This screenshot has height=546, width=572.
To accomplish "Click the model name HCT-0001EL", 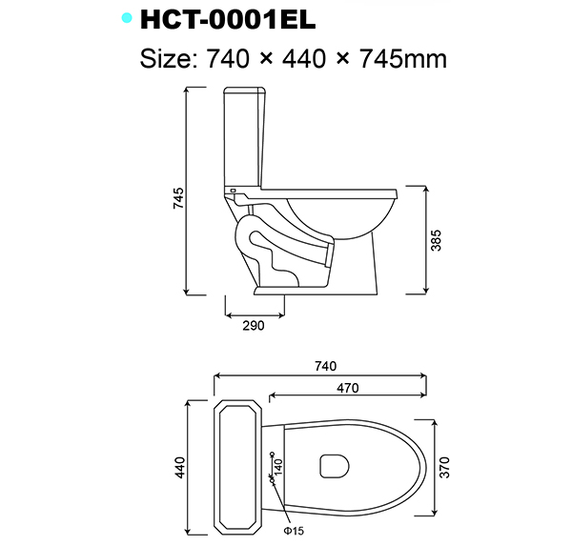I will pos(228,19).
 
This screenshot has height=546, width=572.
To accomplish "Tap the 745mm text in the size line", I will pos(400,59).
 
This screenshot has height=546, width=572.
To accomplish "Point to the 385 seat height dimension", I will pos(437,240).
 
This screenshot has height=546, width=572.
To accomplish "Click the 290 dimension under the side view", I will pos(253,325).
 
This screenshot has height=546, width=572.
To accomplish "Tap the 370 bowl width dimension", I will pos(445,467).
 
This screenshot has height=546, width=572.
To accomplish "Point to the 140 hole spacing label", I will pos(279,467).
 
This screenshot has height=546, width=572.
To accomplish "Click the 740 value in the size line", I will pos(229,59).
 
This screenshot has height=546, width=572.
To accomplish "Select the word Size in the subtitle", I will pos(167,59).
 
